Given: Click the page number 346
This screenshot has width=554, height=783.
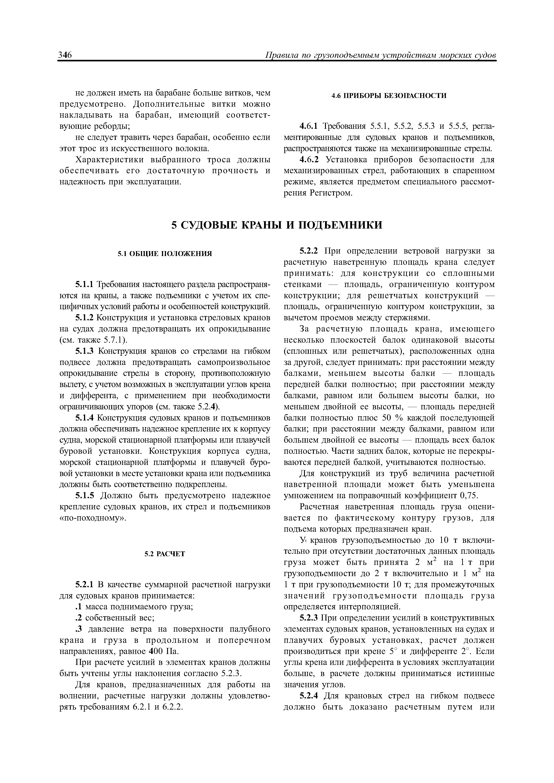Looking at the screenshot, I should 65,55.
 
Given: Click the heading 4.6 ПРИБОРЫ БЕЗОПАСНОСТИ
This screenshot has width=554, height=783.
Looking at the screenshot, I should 389,96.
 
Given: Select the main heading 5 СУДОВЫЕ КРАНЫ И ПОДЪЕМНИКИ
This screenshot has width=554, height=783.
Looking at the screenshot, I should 277,225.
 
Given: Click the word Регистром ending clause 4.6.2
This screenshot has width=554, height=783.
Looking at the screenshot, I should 330,193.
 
